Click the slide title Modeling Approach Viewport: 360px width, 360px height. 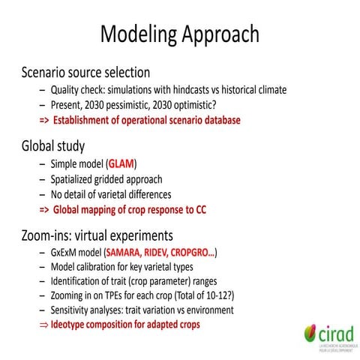pyautogui.click(x=180, y=34)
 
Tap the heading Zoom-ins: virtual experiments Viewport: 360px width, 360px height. pyautogui.click(x=98, y=233)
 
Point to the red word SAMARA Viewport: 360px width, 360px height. pyautogui.click(x=125, y=252)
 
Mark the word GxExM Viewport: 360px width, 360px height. pyautogui.click(x=67, y=252)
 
